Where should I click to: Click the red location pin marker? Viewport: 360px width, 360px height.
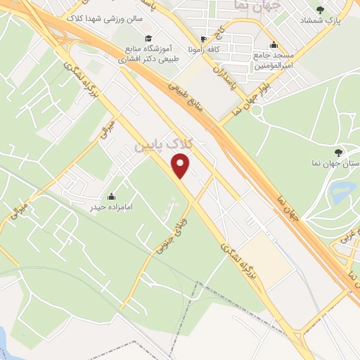click(x=181, y=167)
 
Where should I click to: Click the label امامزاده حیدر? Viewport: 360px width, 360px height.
click(x=111, y=207)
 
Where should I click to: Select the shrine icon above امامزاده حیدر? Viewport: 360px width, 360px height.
click(x=111, y=195)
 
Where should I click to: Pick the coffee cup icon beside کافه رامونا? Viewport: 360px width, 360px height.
click(x=203, y=39)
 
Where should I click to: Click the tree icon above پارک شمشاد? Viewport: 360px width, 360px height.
click(x=321, y=9)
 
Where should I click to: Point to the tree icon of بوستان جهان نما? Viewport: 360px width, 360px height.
click(x=340, y=151)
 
